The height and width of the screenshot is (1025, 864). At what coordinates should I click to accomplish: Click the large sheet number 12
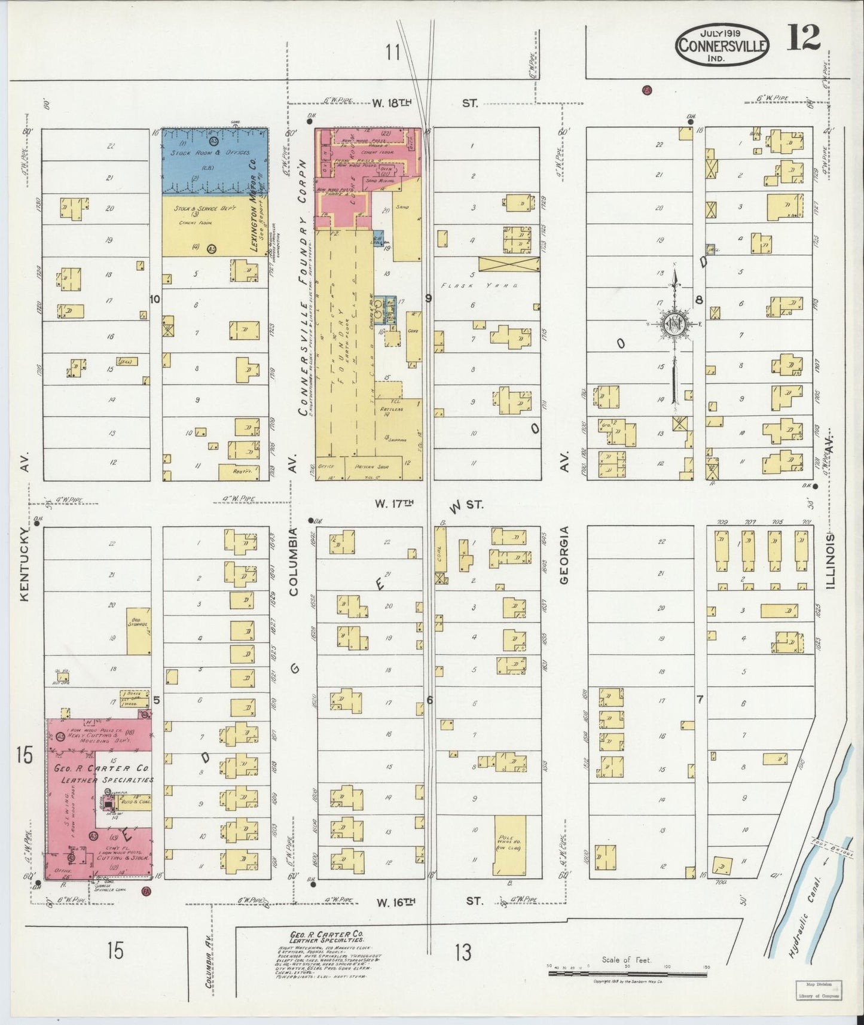tap(803, 40)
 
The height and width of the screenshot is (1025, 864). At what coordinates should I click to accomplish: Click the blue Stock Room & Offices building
tap(215, 161)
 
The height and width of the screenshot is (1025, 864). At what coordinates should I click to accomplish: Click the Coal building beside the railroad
tap(441, 551)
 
